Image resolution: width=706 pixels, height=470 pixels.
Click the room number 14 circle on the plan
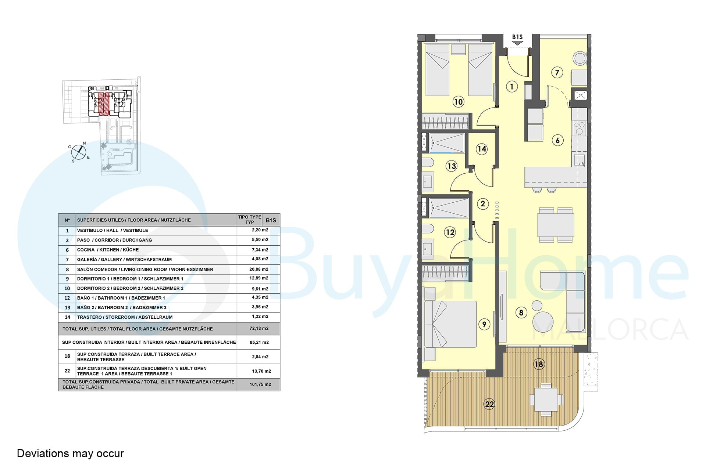[482, 149]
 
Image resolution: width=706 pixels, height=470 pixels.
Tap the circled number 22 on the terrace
[489, 404]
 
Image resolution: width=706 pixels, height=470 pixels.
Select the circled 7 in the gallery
[557, 73]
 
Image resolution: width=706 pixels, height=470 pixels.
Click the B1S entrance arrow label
[517, 39]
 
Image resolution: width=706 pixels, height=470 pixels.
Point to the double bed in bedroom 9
[450, 324]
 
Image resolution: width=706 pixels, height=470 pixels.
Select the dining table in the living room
[556, 225]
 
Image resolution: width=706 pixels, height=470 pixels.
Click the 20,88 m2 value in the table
[259, 269]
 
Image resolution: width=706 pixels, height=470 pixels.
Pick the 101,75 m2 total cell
[260, 384]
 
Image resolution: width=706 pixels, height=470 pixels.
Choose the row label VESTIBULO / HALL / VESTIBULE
[113, 231]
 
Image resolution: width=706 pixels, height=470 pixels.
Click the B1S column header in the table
[271, 220]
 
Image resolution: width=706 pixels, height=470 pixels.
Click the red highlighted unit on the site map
[104, 105]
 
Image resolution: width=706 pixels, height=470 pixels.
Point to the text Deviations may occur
[71, 453]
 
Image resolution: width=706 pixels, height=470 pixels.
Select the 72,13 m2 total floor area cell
[259, 329]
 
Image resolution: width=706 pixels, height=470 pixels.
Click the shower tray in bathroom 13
[447, 143]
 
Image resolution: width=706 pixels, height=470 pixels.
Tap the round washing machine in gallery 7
[580, 59]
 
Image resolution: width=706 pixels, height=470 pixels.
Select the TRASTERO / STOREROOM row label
[125, 317]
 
